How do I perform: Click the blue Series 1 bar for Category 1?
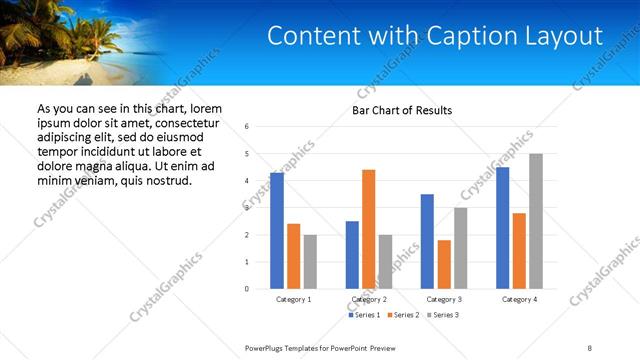[x=276, y=231]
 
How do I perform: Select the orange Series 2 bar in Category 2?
[x=368, y=229]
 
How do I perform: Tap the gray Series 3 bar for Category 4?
[x=536, y=221]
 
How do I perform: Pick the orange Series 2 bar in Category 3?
[x=444, y=264]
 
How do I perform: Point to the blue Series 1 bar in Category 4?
[x=502, y=228]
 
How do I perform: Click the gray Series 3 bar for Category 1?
[x=310, y=262]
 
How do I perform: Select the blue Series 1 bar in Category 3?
[x=427, y=241]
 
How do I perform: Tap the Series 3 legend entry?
[x=443, y=315]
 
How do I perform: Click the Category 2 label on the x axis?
[x=369, y=299]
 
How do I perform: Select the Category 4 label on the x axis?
[x=519, y=299]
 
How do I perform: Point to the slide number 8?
[x=590, y=346]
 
